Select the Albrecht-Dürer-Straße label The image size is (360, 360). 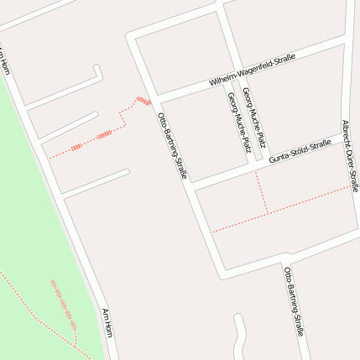click(x=350, y=155)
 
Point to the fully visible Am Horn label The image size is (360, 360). click(x=107, y=323)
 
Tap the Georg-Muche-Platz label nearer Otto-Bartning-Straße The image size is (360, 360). click(x=238, y=122)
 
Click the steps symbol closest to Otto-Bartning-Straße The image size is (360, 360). click(x=143, y=102)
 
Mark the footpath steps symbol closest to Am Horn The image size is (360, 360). click(x=76, y=148)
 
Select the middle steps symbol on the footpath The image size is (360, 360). click(x=104, y=135)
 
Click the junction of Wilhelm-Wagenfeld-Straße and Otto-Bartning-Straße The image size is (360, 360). click(x=157, y=95)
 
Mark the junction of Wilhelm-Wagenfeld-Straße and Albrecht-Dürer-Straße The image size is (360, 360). click(x=345, y=43)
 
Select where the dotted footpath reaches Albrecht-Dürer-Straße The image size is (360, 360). click(x=350, y=188)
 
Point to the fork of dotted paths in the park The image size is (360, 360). click(x=76, y=344)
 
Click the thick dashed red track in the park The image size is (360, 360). click(x=64, y=305)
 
